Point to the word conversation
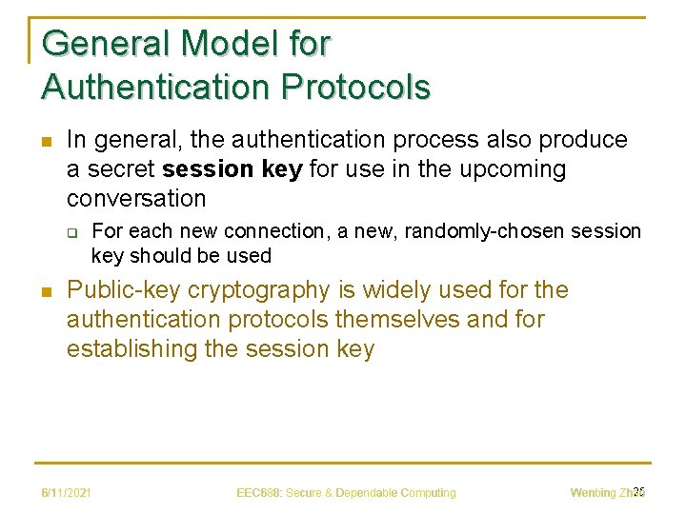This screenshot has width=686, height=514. [136, 199]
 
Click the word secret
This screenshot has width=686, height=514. [119, 169]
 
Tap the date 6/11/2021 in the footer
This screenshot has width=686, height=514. [66, 493]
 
